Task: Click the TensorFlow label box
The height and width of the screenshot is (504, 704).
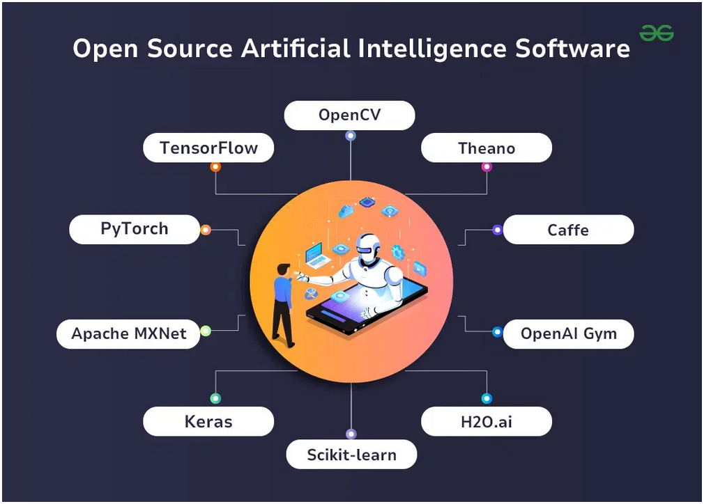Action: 208,148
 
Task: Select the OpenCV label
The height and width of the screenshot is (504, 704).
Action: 349,115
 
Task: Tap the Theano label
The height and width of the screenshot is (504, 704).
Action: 487,148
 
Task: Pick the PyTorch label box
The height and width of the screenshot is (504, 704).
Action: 135,229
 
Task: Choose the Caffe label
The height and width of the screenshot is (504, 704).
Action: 567,230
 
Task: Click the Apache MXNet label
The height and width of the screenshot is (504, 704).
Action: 129,333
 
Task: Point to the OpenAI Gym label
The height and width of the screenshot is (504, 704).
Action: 568,333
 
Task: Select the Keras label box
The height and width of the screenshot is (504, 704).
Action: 208,421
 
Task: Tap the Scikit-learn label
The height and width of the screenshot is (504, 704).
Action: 351,455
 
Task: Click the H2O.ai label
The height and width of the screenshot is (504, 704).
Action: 487,421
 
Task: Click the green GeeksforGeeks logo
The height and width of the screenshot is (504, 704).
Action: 657,33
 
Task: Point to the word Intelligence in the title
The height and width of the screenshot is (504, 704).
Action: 430,49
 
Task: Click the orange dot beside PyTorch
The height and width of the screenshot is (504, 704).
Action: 206,230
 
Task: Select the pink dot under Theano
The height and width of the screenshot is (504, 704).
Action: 487,167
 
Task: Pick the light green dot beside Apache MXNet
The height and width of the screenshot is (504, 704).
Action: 206,331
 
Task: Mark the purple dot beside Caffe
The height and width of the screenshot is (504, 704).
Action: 497,230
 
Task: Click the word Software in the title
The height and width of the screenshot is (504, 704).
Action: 572,49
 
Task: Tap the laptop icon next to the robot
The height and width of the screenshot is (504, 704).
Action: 317,255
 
